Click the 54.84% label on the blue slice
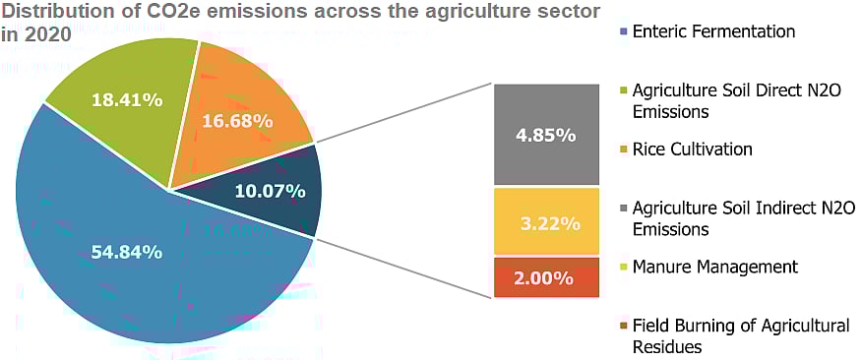coord(127,253)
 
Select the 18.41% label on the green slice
coord(124,99)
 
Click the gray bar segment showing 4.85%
coord(546,135)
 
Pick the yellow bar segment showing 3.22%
coord(546,223)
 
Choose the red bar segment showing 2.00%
coord(546,278)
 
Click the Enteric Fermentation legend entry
coord(713,31)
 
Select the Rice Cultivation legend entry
coord(692,150)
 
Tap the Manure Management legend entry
coord(714,267)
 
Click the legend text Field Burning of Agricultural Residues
coord(740,335)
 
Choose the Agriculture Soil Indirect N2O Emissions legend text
coord(744,218)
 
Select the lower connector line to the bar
coord(403,267)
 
